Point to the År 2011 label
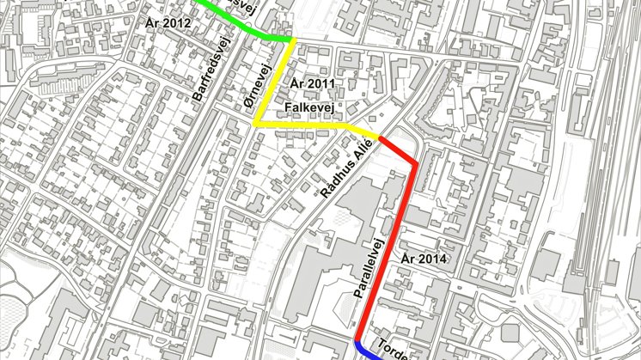coord(311,83)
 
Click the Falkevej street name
coord(310,107)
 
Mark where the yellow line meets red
coord(378,137)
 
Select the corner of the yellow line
coord(255,124)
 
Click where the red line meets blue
coord(357,339)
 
